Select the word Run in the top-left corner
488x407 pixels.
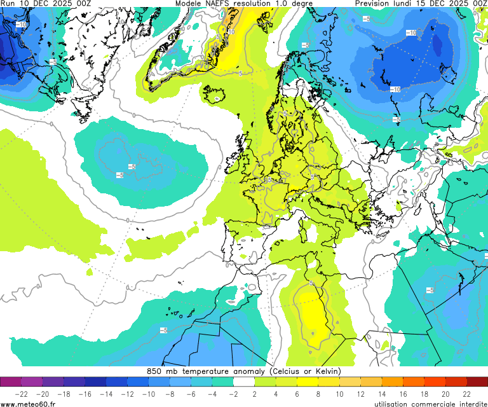click(x=8, y=4)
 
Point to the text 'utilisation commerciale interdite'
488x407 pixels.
click(x=429, y=403)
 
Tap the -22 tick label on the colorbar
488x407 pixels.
click(x=22, y=394)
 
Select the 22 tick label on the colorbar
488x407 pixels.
click(x=467, y=394)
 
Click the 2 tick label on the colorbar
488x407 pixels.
click(x=255, y=394)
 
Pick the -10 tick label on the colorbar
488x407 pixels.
click(x=149, y=394)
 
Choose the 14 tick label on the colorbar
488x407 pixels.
click(x=382, y=394)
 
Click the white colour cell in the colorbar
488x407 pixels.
click(x=244, y=382)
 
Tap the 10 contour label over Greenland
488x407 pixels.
click(x=231, y=31)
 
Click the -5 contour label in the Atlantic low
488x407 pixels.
click(x=132, y=167)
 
